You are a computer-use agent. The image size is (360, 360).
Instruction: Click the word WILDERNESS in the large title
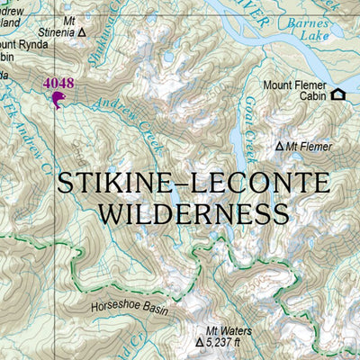coord(193,213)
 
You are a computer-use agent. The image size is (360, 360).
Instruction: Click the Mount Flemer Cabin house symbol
coord(338,94)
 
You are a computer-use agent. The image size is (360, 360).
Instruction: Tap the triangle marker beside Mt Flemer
coord(280,146)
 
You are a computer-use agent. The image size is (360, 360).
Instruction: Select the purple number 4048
coord(58,84)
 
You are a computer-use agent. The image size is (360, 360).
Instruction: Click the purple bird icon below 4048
coord(58,99)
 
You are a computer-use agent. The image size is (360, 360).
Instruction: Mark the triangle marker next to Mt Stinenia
coord(83,32)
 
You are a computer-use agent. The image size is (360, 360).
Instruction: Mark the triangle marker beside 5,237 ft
coord(200,343)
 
